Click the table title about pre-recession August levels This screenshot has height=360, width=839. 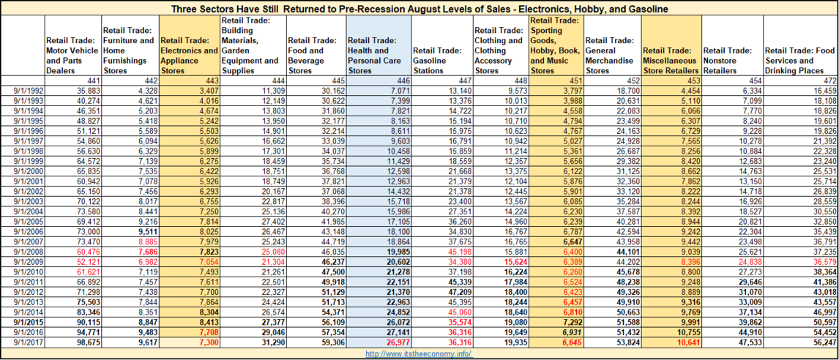[419, 9]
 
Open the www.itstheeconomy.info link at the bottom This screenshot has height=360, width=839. [419, 353]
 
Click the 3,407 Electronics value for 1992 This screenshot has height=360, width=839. [206, 89]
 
